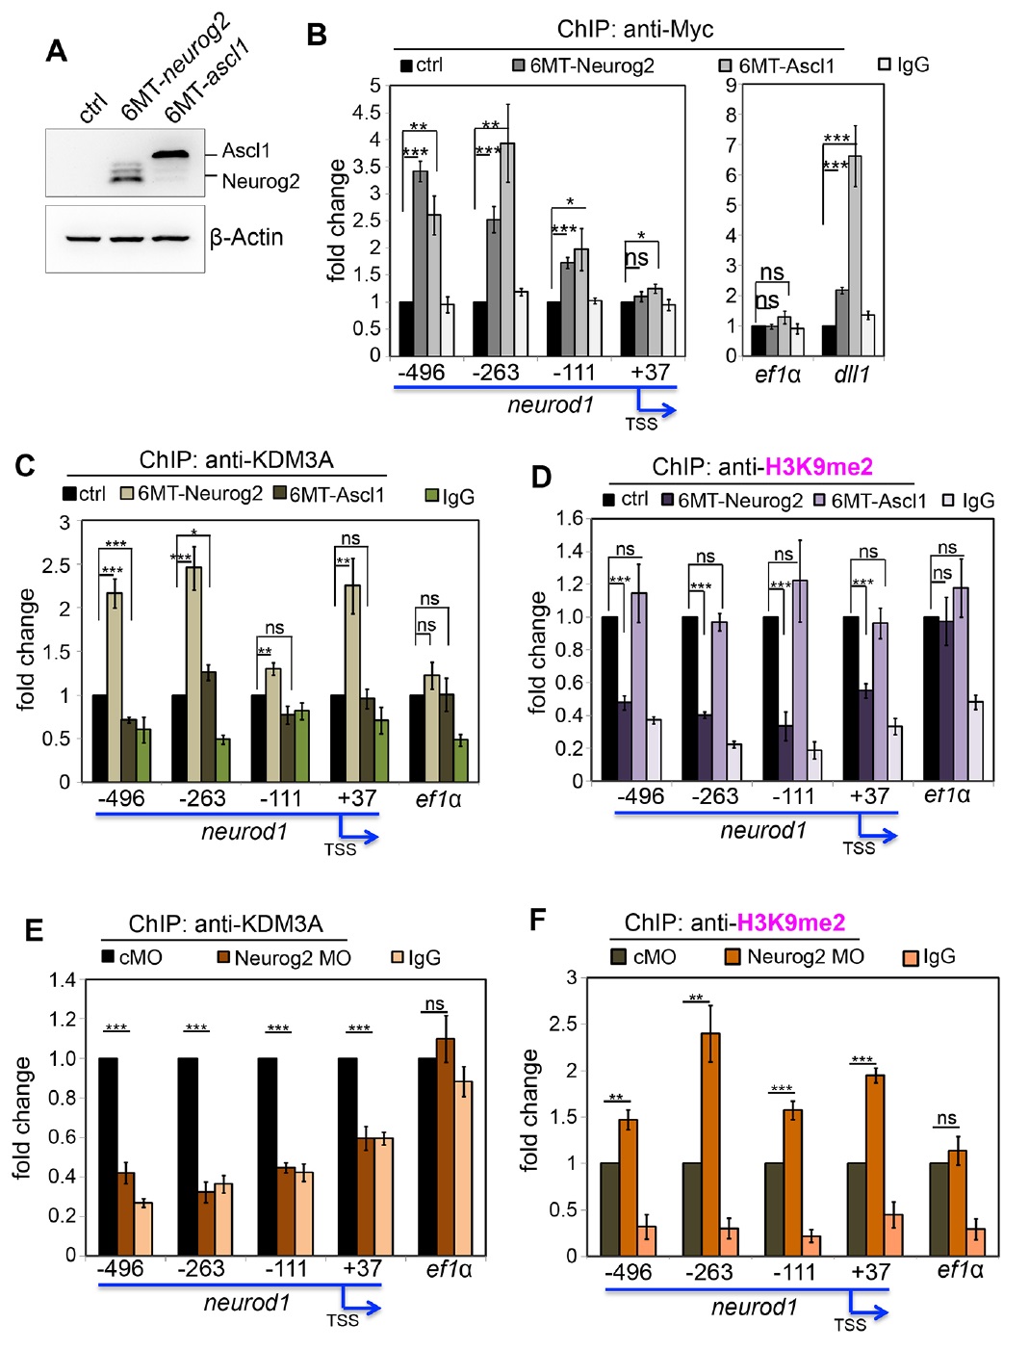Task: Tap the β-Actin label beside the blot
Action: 246,238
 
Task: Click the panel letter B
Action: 316,36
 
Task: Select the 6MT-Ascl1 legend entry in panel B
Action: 778,65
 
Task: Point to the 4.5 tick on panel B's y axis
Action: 367,113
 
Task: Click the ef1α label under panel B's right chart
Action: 778,375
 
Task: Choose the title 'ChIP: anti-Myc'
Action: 635,30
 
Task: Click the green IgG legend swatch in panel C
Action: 432,496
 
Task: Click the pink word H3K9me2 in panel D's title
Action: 819,467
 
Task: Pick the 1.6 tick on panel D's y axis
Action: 569,519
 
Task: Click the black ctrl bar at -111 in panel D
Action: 770,698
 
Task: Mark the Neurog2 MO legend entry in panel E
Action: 284,958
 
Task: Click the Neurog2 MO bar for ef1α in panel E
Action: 446,1146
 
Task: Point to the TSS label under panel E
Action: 343,1320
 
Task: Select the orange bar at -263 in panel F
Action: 710,1144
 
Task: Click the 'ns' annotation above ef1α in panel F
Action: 946,1119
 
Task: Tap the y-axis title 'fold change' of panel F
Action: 530,1110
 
